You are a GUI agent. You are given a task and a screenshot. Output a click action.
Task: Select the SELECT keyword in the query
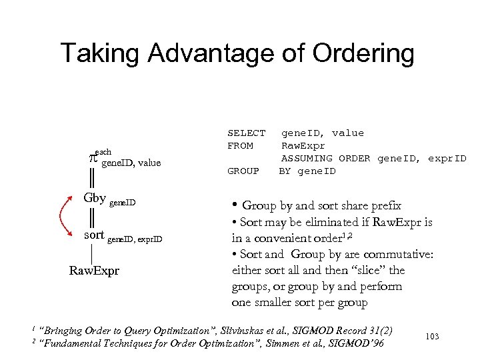246,133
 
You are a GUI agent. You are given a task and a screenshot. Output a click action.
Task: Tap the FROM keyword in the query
240,145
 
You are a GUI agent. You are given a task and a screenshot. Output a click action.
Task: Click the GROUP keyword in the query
243,171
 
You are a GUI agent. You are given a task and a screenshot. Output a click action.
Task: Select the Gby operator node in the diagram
94,198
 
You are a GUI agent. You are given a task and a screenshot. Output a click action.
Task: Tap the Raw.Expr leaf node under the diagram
94,271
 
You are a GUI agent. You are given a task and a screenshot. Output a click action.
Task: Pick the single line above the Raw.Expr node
91,254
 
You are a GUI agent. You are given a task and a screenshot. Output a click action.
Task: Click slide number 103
431,337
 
